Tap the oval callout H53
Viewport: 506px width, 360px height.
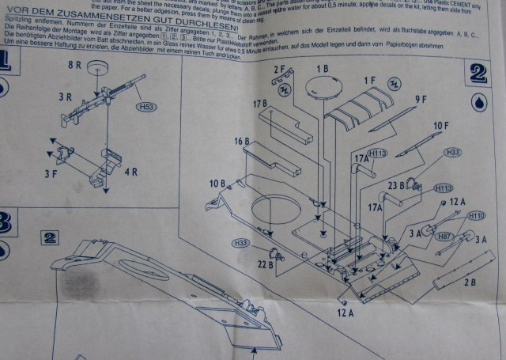click(x=145, y=106)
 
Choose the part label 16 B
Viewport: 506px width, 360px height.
click(x=240, y=142)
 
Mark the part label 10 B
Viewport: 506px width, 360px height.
click(x=218, y=184)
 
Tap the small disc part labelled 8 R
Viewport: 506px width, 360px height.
click(x=97, y=68)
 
